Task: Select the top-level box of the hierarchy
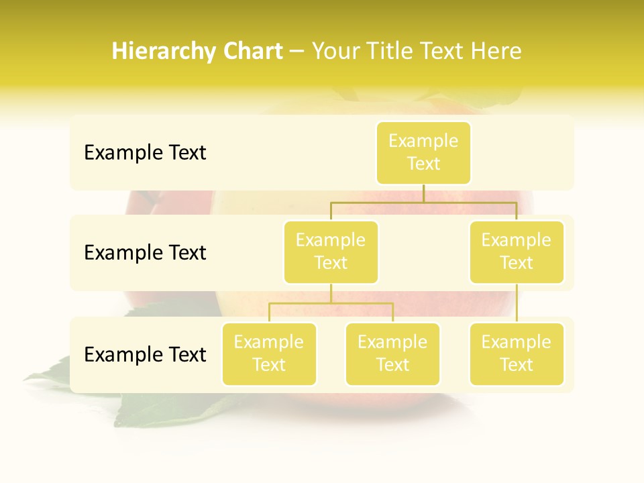(x=423, y=152)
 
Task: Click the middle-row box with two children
(x=331, y=252)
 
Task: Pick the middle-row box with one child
(x=517, y=252)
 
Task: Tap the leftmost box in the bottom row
(x=269, y=354)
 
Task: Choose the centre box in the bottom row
(x=392, y=354)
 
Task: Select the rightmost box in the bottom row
(x=517, y=354)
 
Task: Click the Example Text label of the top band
(x=145, y=153)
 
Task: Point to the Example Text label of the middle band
(x=145, y=253)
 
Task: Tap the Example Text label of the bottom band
(x=145, y=354)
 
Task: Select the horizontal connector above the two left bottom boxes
(x=331, y=303)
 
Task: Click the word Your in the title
(x=335, y=52)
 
